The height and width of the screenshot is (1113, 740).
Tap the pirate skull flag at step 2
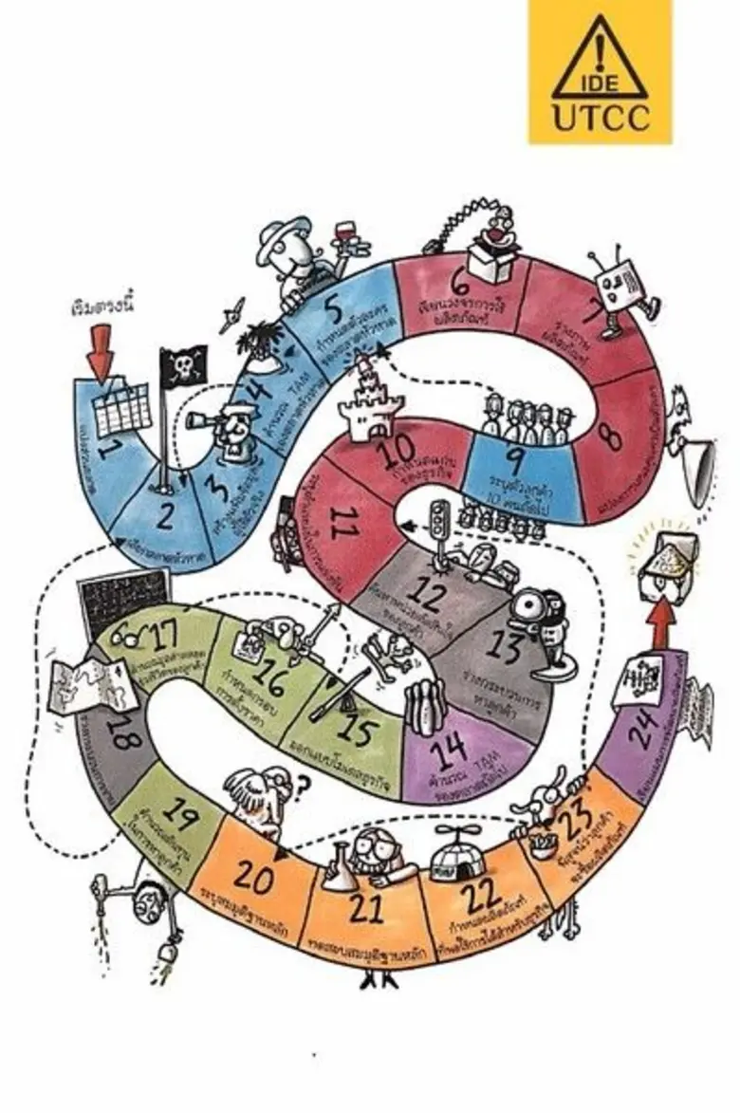pos(183,366)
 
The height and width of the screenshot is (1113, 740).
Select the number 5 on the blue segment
pos(332,307)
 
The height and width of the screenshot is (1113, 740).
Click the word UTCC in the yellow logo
pos(600,118)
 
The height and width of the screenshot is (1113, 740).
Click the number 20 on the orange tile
pos(254,878)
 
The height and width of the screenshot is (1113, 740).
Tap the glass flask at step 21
pos(339,871)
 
